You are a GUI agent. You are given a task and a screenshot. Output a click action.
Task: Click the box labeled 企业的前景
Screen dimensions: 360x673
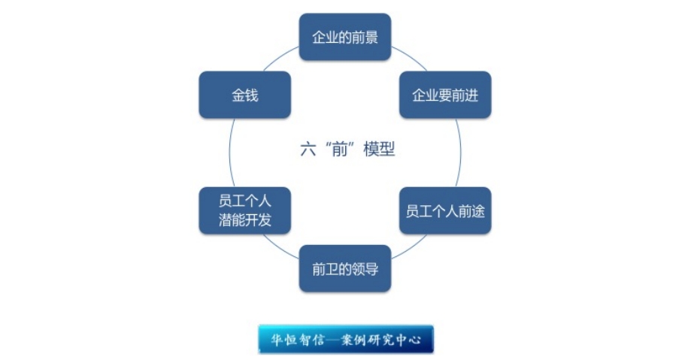point(345,37)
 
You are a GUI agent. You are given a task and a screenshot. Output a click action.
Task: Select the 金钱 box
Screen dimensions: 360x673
point(244,95)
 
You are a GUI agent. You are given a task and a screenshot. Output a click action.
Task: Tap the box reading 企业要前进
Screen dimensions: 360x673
point(445,95)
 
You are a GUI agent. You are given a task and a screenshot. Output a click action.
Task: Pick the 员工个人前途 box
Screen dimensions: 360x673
point(445,210)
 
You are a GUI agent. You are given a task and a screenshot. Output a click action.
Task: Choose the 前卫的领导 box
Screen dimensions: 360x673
point(345,268)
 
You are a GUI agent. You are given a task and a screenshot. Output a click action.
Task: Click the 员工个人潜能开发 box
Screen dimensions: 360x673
point(244,210)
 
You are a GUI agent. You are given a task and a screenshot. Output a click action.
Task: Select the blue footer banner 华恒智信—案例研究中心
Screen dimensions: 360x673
point(346,340)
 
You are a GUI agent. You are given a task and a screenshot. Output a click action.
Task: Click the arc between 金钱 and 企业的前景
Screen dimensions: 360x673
point(283,57)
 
